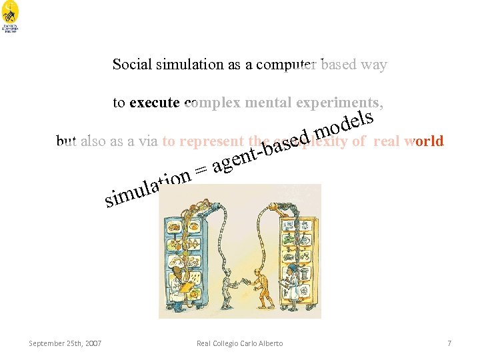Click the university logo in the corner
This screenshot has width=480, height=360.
(x=11, y=20)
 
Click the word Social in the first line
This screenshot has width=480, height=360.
(x=132, y=65)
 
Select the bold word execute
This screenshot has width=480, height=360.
(x=155, y=103)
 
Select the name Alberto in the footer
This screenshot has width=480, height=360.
(x=269, y=343)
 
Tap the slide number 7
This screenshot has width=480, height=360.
(x=449, y=343)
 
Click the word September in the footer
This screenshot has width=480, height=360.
(x=45, y=343)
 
